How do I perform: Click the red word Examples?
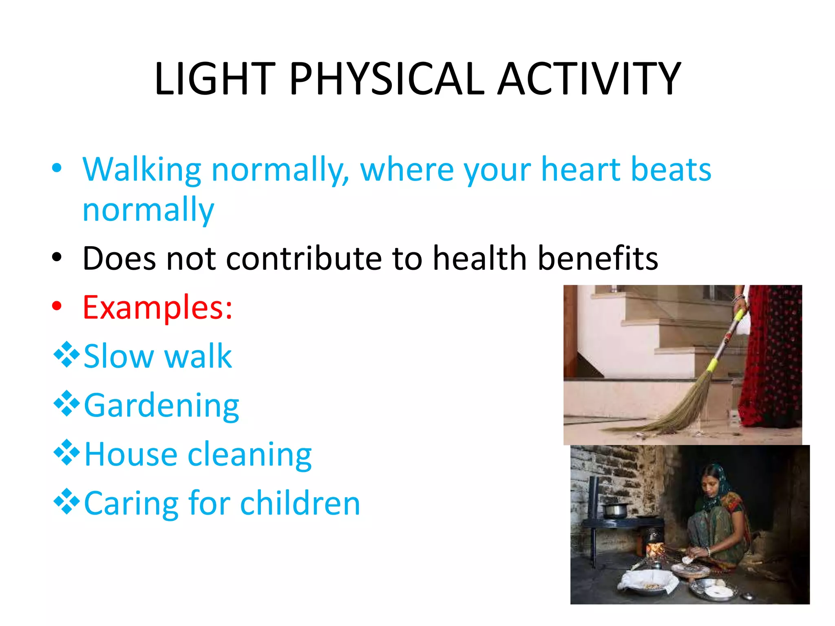click(157, 307)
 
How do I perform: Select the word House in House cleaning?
click(130, 454)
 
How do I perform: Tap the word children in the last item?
click(300, 503)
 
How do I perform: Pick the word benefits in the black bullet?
click(598, 258)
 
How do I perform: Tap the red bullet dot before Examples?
click(57, 306)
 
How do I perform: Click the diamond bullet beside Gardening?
click(66, 403)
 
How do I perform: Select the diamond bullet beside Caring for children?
click(66, 502)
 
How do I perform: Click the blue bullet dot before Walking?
click(57, 168)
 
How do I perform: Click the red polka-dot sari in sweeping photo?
click(771, 367)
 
